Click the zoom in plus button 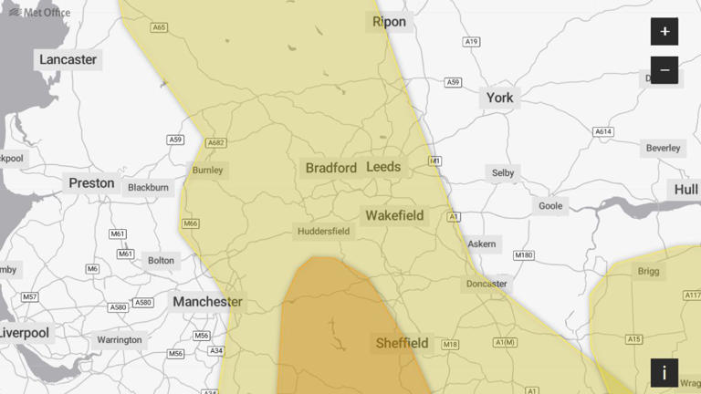tap(664, 32)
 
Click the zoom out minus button tap(664, 70)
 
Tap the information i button tap(664, 372)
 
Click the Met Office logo tap(39, 12)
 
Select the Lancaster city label tap(68, 59)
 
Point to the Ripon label tap(390, 22)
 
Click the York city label tap(499, 98)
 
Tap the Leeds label tap(383, 167)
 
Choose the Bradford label tap(330, 168)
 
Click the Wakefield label tap(394, 216)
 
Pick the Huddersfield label tap(323, 232)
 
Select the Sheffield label tap(402, 343)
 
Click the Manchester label tap(207, 302)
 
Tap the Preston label tap(92, 182)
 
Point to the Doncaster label tap(487, 284)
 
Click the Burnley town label tap(207, 170)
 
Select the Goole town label tap(550, 206)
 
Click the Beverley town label tap(664, 148)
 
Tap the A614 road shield tap(603, 132)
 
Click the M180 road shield tap(523, 255)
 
